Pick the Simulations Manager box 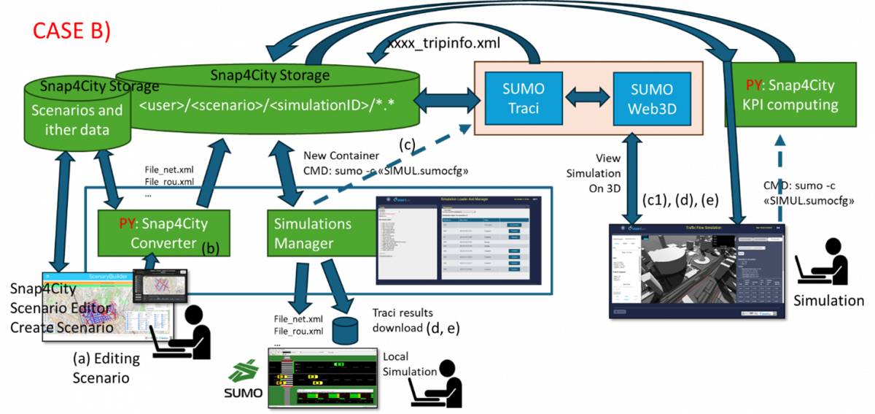[313, 233]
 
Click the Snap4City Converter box [163, 233]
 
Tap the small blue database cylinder [344, 330]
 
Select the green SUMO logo [244, 378]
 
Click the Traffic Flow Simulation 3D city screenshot [696, 270]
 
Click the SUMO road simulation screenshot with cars [322, 376]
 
